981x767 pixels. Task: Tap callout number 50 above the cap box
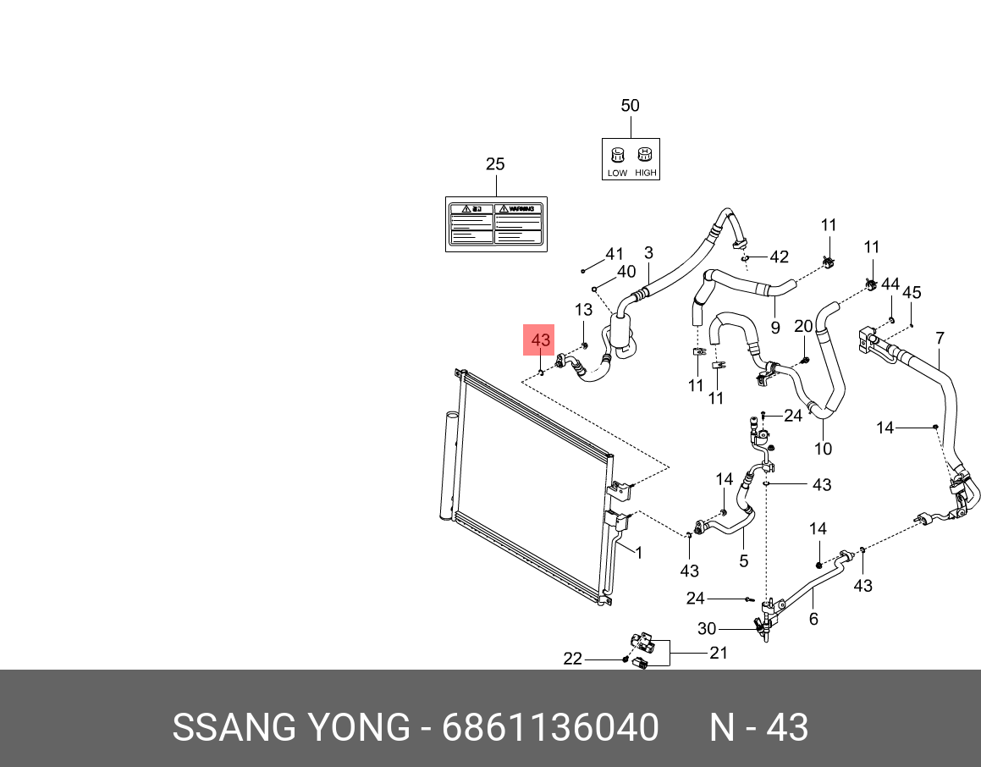630,106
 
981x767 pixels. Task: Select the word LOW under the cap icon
617,173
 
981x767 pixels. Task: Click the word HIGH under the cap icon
645,173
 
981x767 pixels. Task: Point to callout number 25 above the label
495,164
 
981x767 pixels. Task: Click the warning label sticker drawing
496,223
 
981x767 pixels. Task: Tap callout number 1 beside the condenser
638,553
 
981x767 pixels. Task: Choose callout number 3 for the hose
648,252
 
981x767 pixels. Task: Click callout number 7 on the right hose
940,339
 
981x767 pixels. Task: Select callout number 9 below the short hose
774,328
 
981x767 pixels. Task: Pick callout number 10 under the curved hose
823,449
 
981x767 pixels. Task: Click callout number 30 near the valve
707,628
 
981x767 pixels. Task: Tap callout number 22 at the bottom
573,659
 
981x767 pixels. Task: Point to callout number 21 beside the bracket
719,653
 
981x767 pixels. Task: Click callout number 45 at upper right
911,292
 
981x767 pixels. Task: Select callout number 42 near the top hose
778,257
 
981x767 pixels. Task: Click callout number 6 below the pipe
813,619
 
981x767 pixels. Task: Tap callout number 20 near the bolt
803,327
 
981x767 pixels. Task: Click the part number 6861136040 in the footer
550,728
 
